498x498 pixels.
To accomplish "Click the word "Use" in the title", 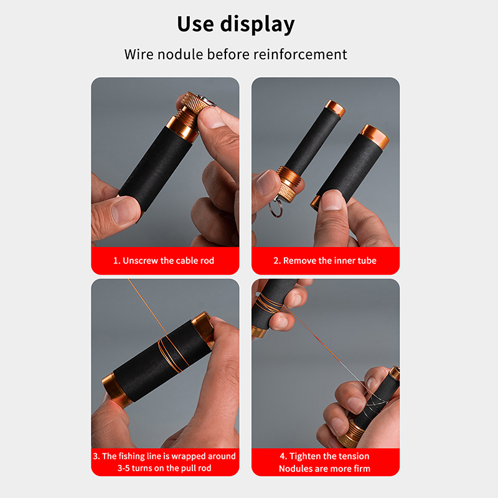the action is (195, 24).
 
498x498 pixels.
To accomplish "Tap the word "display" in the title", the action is (258, 25).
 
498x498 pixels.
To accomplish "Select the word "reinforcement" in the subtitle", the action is (300, 54).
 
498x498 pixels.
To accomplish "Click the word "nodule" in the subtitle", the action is (180, 54).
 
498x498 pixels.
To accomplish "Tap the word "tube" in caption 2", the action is (367, 260).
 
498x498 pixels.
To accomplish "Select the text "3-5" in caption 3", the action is (123, 468).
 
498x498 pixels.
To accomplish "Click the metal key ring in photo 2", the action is (276, 207).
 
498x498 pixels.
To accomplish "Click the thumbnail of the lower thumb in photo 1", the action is (123, 210).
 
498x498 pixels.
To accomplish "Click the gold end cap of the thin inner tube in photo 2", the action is (335, 108).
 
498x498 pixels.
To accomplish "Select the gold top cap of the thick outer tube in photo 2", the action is (375, 136).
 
